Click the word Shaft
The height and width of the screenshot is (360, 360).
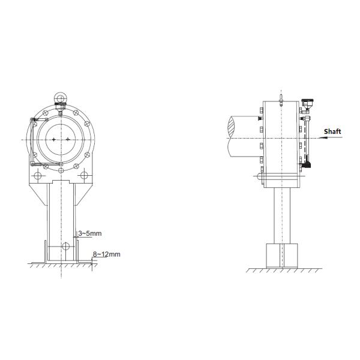coord(332,131)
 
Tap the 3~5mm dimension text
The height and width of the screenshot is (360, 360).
coord(90,233)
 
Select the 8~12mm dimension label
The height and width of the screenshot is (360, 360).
coord(107,254)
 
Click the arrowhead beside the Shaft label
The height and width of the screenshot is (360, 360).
coord(323,138)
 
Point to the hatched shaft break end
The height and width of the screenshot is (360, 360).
coord(232,127)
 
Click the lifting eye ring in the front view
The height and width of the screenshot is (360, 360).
coord(61,98)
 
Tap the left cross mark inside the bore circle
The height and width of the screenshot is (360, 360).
coord(54,139)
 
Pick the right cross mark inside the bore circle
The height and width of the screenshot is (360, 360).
coord(67,139)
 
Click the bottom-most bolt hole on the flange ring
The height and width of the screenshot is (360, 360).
coord(61,170)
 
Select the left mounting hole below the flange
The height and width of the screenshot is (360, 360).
coord(37,176)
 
